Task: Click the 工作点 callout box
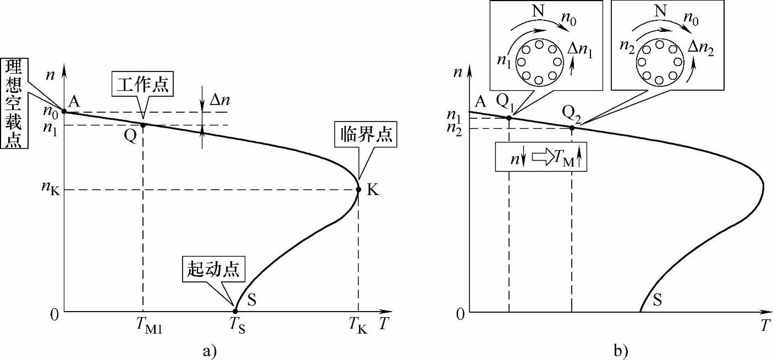click(x=142, y=86)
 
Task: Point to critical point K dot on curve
click(x=358, y=190)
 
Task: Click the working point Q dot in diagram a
click(x=143, y=125)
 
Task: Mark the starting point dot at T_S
click(x=236, y=311)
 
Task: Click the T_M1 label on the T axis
click(x=147, y=326)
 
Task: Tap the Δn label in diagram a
click(x=219, y=99)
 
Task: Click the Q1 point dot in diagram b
click(x=509, y=118)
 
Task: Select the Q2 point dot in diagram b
click(x=572, y=128)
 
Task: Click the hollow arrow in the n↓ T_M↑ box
click(x=543, y=158)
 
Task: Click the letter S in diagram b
click(x=658, y=300)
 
